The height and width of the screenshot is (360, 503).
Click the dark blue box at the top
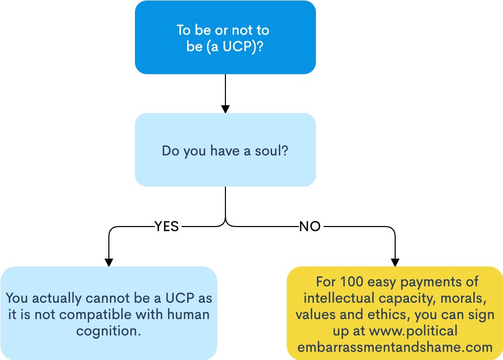coord(225,37)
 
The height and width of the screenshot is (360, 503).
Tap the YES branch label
coord(167,227)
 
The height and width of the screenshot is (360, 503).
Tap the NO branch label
coord(309,227)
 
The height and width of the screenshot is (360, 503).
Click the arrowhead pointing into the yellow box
coord(395,261)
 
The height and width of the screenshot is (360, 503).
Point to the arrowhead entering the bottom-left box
coord(108,261)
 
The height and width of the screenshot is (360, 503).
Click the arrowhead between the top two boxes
coord(225,108)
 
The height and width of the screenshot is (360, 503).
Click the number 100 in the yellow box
coord(351,281)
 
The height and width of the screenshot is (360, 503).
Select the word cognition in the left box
coord(108,330)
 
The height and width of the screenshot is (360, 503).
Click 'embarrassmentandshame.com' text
coord(395,347)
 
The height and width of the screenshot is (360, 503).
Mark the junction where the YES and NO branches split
coord(225,224)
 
